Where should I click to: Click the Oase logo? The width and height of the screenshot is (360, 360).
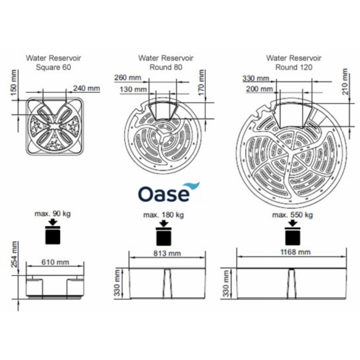(169, 192)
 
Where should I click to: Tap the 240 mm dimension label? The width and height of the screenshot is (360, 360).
(86, 88)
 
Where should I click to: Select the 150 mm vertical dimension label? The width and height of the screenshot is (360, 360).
(14, 83)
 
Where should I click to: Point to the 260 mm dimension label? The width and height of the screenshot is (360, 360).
(128, 77)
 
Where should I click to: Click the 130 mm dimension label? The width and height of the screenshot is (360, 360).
(133, 89)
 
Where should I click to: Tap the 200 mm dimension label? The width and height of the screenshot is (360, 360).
(260, 89)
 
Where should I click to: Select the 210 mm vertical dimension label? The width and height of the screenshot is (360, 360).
(345, 82)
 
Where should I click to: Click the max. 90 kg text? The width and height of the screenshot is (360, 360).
(53, 214)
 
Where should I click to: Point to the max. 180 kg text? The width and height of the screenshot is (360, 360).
(163, 215)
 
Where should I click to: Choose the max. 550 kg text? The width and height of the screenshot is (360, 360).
(292, 215)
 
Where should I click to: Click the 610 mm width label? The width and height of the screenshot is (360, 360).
(55, 262)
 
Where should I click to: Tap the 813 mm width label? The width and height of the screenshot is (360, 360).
(167, 253)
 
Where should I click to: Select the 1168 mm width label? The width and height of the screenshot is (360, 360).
(296, 252)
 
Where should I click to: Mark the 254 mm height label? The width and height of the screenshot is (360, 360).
(14, 254)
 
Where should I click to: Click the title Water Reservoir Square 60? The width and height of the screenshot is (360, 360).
(54, 63)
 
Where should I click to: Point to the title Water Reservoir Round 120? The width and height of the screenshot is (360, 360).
(294, 63)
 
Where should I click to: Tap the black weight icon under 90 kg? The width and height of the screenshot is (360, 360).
(53, 232)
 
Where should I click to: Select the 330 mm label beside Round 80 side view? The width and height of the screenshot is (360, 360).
(117, 283)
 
